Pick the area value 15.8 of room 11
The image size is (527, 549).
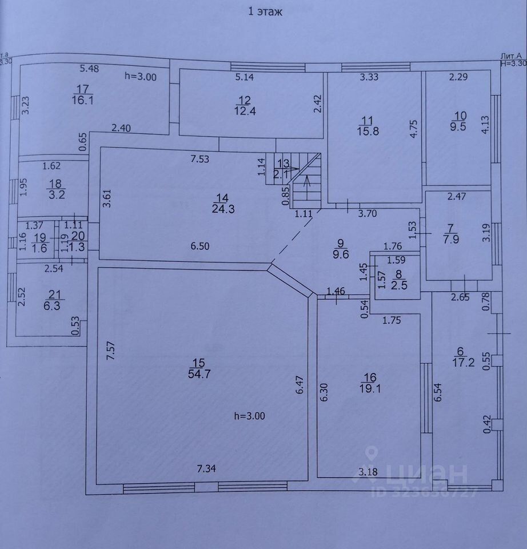(x=366, y=130)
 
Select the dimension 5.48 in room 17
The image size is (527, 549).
(x=90, y=69)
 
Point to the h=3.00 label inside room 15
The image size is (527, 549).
(x=250, y=416)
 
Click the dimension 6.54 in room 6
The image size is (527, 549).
(x=438, y=394)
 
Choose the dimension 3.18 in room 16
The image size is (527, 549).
(x=368, y=472)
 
